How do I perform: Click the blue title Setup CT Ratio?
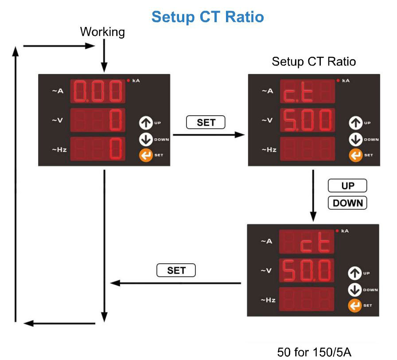pos(207,17)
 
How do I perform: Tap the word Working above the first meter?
pos(102,32)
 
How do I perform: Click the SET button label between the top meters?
pos(206,122)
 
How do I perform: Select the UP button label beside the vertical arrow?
pos(347,185)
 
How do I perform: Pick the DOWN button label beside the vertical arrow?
pos(347,203)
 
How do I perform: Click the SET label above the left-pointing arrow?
pos(176,270)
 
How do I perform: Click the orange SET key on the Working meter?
pos(145,155)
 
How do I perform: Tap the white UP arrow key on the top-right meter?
pos(355,122)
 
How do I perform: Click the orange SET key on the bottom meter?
pos(355,305)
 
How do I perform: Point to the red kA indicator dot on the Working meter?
pos(128,80)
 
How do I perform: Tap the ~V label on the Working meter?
pos(59,120)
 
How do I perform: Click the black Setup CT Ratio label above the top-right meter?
pos(314,61)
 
